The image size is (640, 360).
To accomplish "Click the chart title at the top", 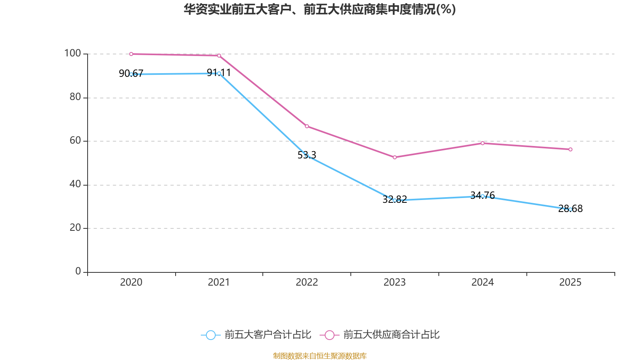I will click(x=320, y=9).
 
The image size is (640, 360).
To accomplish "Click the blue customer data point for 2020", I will click(x=131, y=74).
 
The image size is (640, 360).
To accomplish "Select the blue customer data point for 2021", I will click(x=219, y=74).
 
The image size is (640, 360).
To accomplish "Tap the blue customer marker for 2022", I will click(x=307, y=156).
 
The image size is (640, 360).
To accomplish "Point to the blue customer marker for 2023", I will click(x=395, y=200).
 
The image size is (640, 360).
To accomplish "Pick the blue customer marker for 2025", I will click(x=570, y=210).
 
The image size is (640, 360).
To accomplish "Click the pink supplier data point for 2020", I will click(x=131, y=54).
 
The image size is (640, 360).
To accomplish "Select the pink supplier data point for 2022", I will click(x=307, y=126).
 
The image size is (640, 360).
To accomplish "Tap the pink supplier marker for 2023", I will click(x=395, y=158).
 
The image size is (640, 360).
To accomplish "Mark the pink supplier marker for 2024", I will click(x=482, y=143).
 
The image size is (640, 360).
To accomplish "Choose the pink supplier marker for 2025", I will click(x=570, y=150).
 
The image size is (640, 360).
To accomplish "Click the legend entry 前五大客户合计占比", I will click(x=267, y=335).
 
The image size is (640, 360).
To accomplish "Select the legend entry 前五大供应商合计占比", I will click(x=391, y=335).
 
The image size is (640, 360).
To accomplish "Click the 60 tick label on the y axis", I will click(x=75, y=140).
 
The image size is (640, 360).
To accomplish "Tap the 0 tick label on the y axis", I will click(x=78, y=271).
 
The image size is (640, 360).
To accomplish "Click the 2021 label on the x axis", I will click(x=219, y=282).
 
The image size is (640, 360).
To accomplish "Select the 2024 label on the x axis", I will click(x=482, y=282).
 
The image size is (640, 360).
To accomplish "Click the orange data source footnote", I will click(x=320, y=356).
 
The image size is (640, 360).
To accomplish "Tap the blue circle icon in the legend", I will click(x=210, y=335).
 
